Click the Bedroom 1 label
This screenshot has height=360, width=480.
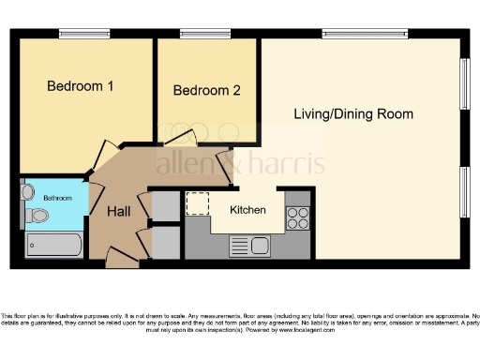click(x=81, y=87)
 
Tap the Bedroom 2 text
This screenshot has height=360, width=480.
click(x=207, y=91)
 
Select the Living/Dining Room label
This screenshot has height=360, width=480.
click(x=353, y=114)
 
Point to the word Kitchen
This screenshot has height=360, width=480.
click(x=247, y=210)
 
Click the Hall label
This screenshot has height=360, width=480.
click(x=118, y=213)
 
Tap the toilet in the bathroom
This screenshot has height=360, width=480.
click(x=37, y=217)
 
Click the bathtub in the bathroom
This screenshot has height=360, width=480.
click(x=53, y=246)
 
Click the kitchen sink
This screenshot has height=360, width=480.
click(x=250, y=247)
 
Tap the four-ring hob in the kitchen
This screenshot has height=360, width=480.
click(x=297, y=217)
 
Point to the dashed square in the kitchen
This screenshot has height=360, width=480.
click(x=198, y=203)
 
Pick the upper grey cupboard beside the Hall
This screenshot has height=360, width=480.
click(x=165, y=206)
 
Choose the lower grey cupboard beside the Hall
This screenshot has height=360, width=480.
click(x=165, y=242)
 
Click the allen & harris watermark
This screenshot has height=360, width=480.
click(x=240, y=164)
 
